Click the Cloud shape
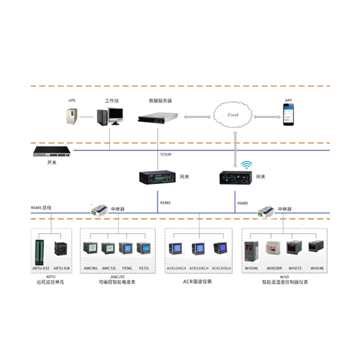pyautogui.click(x=233, y=115)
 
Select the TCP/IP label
pyautogui.click(x=166, y=154)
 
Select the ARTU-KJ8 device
pyautogui.click(x=61, y=249)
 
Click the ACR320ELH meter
pyautogui.click(x=198, y=249)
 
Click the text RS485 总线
pyautogui.click(x=41, y=207)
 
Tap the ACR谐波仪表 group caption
pyautogui.click(x=197, y=282)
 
